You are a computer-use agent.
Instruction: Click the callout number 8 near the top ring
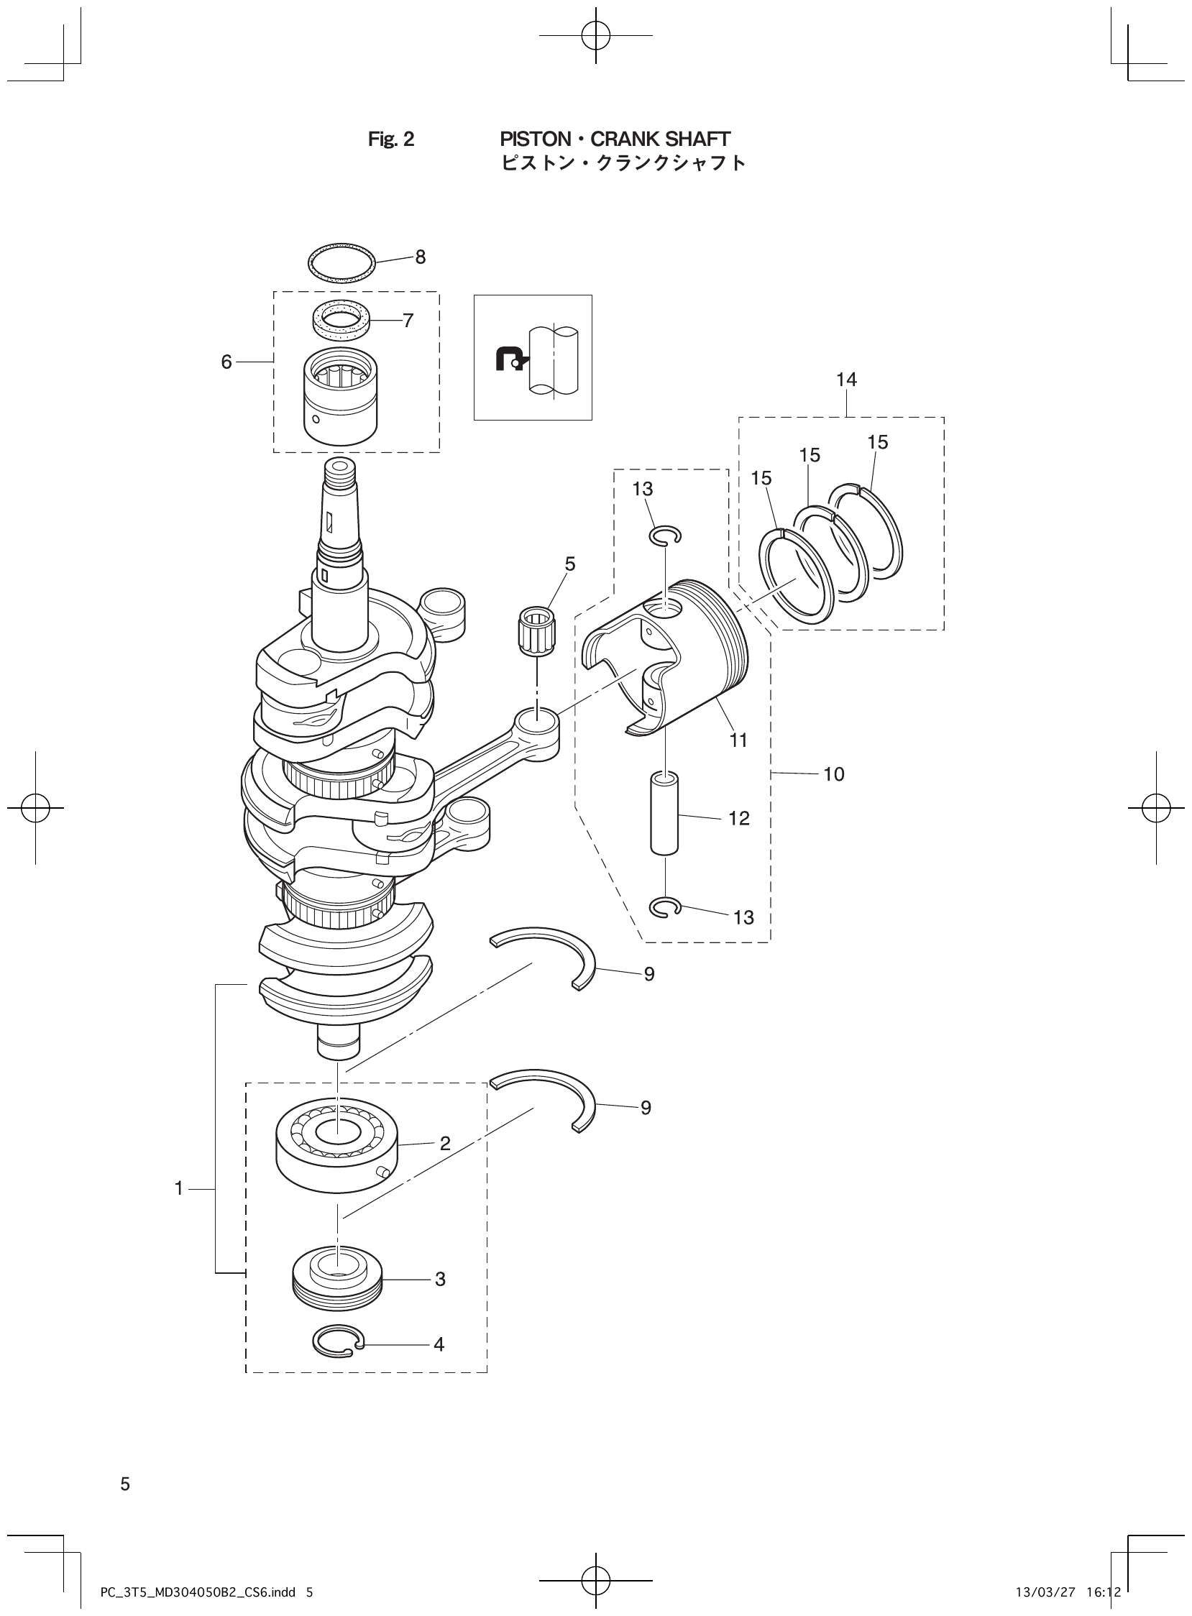coord(420,257)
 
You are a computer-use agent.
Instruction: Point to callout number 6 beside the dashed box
coord(226,362)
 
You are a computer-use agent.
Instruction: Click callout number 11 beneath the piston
coord(738,741)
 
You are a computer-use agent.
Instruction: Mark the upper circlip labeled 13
coord(664,536)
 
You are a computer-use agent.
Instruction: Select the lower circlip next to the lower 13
coord(664,907)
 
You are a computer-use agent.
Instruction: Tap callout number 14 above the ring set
coord(846,380)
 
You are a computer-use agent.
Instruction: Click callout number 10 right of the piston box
coord(833,775)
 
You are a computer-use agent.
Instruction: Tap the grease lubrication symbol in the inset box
coord(511,359)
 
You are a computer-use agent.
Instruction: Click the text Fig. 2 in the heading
coord(391,140)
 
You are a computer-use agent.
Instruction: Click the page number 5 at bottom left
coord(125,1484)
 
